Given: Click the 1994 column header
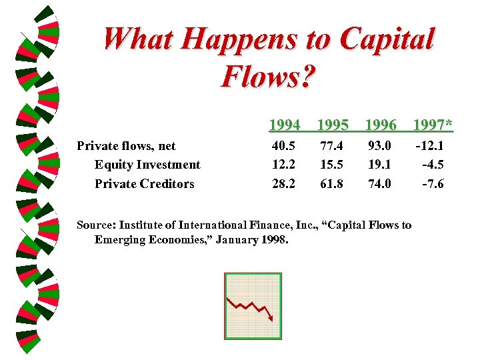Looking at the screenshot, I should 284,125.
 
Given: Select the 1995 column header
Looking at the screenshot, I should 333,125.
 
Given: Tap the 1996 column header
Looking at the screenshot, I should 381,125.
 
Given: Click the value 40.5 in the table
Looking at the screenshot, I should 285,145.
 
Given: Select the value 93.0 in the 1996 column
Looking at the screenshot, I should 380,145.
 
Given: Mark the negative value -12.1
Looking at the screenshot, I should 430,145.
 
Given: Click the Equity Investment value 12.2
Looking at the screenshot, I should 285,164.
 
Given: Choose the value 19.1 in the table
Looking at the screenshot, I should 380,164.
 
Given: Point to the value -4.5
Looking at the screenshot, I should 434,164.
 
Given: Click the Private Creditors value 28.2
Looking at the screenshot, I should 285,183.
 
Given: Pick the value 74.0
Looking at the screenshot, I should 380,183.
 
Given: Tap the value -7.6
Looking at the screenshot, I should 434,183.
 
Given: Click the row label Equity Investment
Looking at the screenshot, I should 147,165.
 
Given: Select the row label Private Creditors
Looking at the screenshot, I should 145,184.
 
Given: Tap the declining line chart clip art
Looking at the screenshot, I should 253,305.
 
